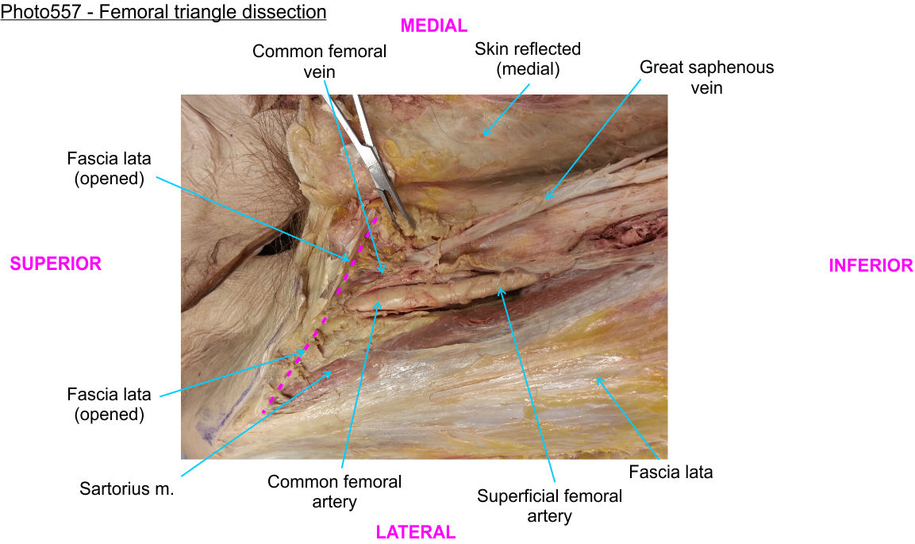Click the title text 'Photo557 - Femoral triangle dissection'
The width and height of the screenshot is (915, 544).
click(x=163, y=11)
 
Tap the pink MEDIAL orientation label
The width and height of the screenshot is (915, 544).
click(x=433, y=25)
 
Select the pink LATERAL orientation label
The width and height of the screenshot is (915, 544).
click(x=416, y=532)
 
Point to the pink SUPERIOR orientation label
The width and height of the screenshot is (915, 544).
click(x=56, y=264)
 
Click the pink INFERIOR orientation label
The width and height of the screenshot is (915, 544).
click(x=871, y=265)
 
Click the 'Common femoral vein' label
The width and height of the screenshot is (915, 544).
click(x=319, y=61)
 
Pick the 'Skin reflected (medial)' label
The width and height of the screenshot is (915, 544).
click(x=528, y=59)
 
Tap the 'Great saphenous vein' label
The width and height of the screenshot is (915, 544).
click(x=706, y=77)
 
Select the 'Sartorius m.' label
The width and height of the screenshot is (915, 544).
click(x=127, y=488)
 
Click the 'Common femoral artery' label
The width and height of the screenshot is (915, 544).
click(x=334, y=492)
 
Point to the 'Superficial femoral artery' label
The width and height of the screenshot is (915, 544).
click(x=549, y=506)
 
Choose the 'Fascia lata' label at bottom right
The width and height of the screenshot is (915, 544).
click(x=671, y=472)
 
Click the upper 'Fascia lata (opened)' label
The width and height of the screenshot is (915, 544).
click(x=110, y=168)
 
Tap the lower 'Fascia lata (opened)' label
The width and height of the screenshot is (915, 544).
click(x=110, y=404)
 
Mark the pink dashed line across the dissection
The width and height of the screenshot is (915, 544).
click(x=320, y=315)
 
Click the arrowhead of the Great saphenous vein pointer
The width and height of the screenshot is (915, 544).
click(x=548, y=197)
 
